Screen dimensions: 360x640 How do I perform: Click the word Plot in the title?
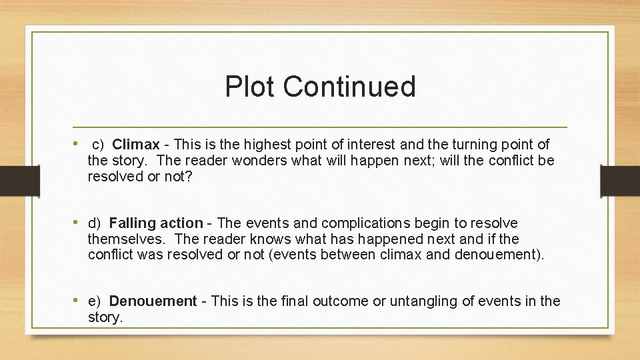click(x=249, y=87)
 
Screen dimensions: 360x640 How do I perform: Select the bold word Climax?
click(x=136, y=144)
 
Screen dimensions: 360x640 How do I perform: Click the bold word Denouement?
click(x=153, y=301)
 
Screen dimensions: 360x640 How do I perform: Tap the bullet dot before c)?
click(x=78, y=143)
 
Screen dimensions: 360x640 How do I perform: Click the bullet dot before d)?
click(x=78, y=223)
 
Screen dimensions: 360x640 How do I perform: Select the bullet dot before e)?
click(x=78, y=301)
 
